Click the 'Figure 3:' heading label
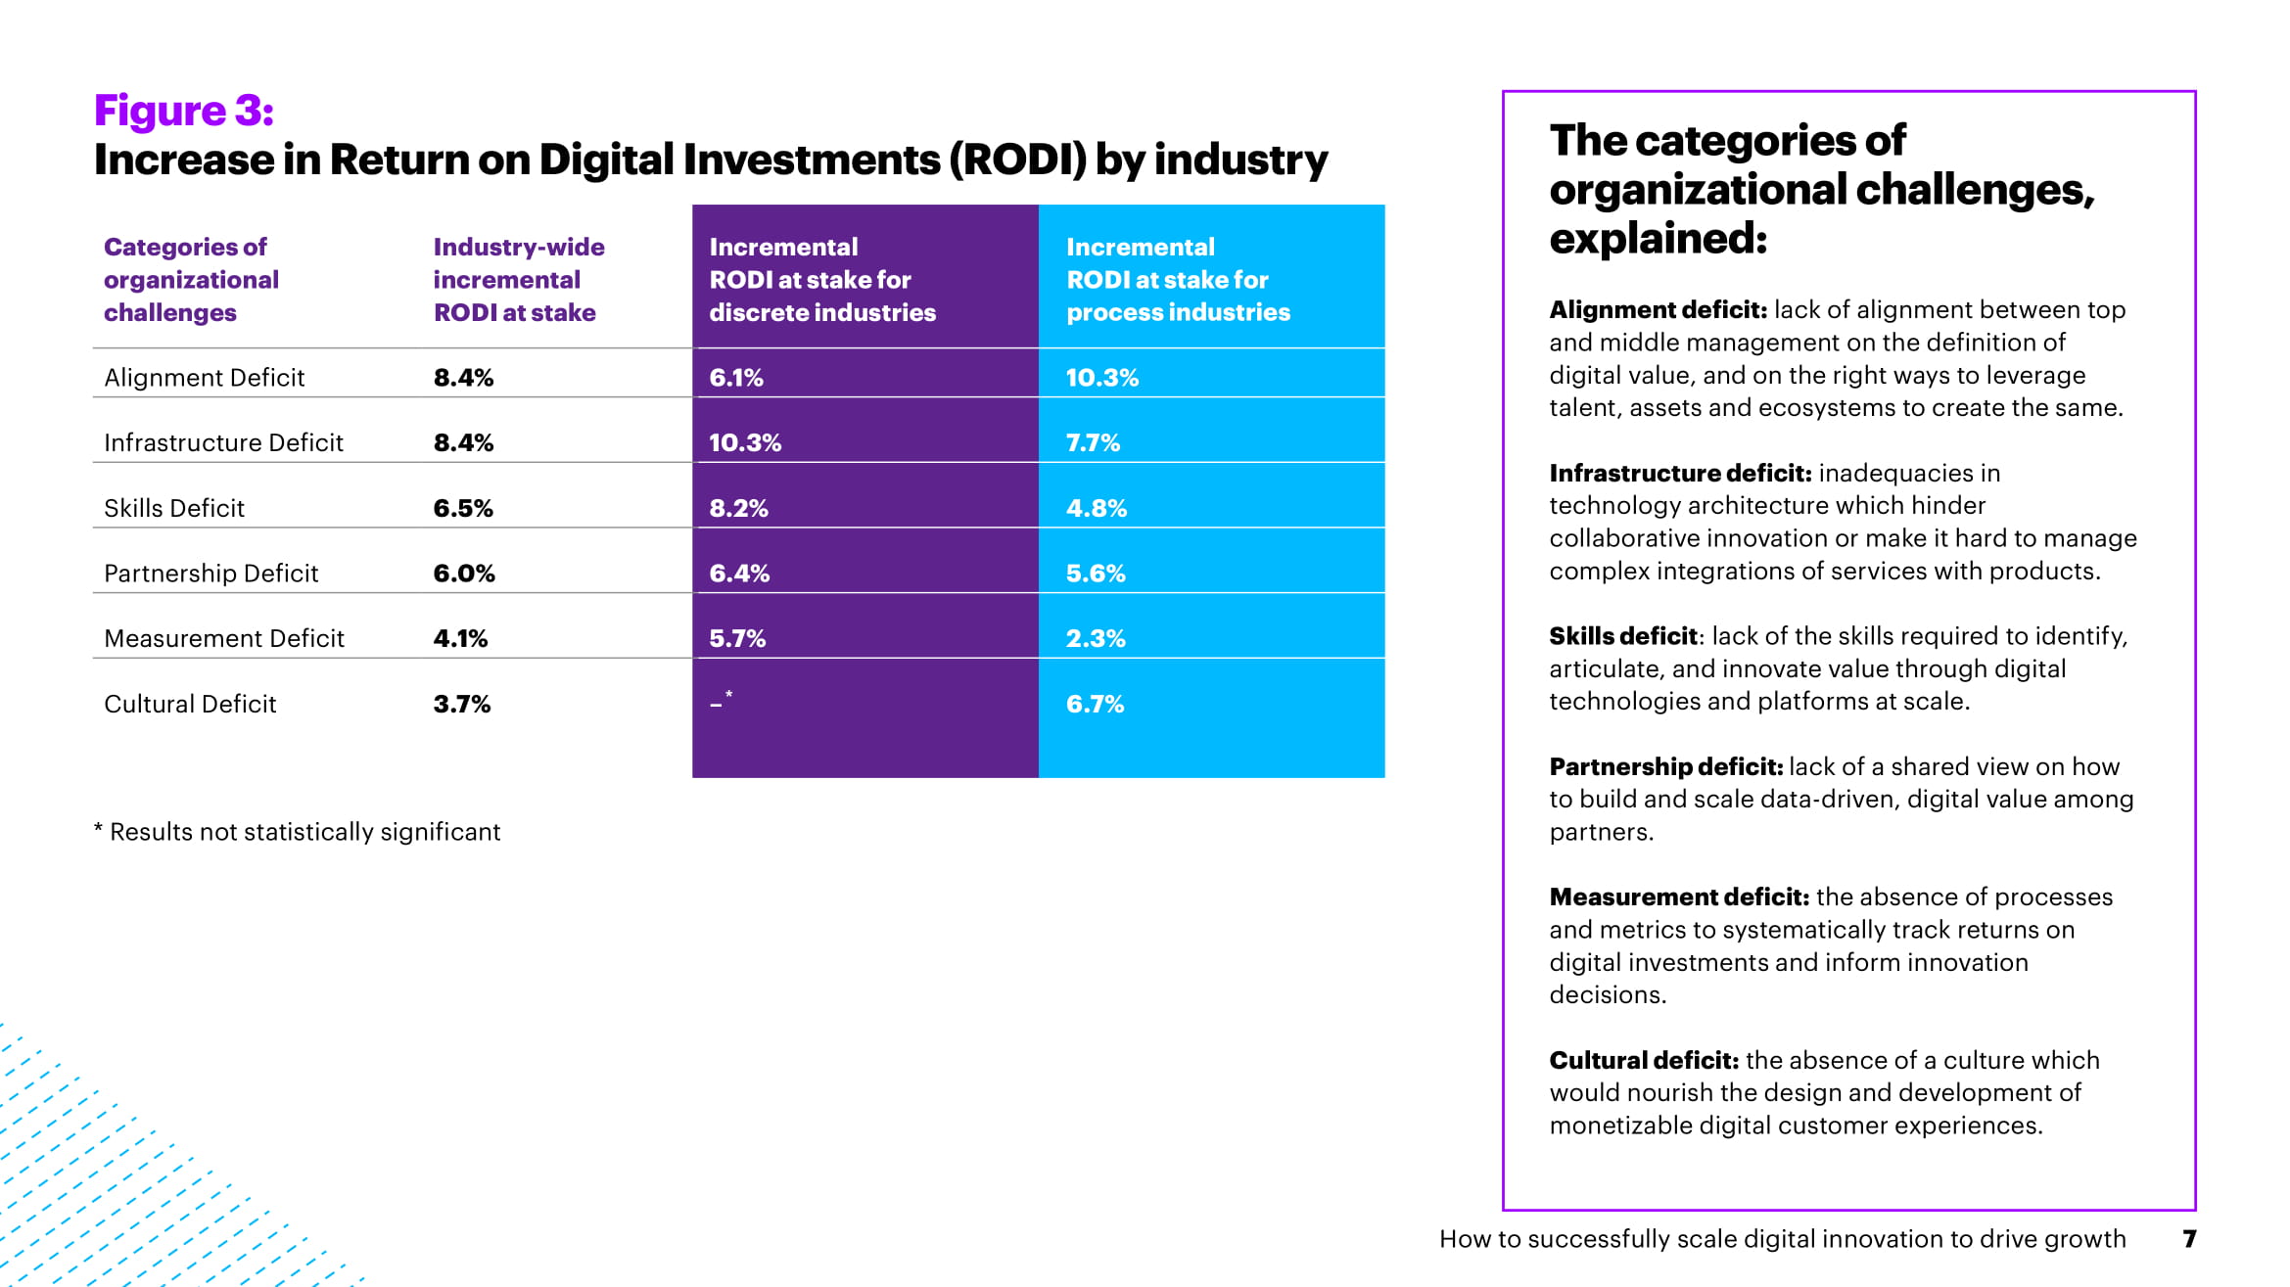[183, 111]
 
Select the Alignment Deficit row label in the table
[204, 378]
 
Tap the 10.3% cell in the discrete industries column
[744, 443]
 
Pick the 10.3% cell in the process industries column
[1101, 378]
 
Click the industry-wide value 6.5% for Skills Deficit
[463, 509]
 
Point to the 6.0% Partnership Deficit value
[464, 574]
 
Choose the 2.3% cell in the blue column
[1096, 639]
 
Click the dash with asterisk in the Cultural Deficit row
[721, 702]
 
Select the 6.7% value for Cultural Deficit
[1095, 705]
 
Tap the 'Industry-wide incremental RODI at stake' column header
[518, 280]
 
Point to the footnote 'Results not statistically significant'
[304, 832]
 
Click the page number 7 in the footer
[2189, 1239]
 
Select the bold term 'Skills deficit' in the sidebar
[1622, 636]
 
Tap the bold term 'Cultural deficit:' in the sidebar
[1643, 1060]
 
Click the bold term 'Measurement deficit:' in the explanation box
[1678, 896]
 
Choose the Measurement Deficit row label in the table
[223, 639]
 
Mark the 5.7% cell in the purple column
[737, 639]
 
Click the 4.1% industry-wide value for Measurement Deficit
[460, 639]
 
